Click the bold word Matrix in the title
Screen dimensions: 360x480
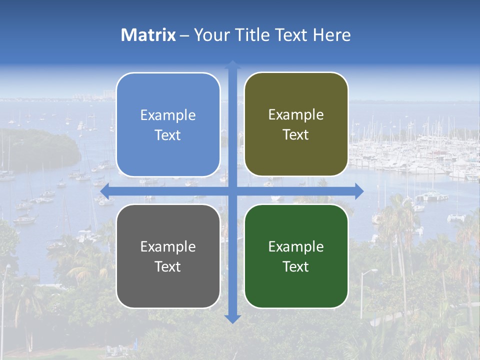148,35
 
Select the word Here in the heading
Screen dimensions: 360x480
332,35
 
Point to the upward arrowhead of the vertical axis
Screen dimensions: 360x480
232,64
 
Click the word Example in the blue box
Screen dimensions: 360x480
168,115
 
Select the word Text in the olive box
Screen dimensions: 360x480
296,135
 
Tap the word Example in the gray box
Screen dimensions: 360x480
168,247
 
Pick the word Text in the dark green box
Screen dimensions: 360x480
296,266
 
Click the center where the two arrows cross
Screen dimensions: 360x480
232,191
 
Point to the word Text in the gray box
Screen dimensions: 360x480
168,266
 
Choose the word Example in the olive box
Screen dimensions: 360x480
296,115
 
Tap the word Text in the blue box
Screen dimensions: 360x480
168,135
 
